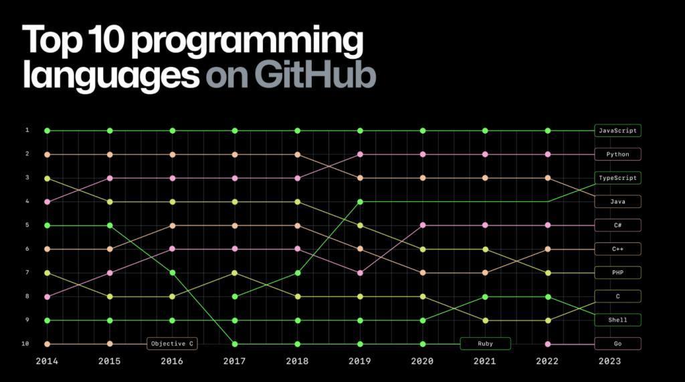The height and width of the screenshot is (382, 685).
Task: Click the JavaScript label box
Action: [x=617, y=130]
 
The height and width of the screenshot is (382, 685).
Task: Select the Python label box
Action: [x=617, y=155]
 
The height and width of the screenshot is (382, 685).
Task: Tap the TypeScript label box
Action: [x=617, y=178]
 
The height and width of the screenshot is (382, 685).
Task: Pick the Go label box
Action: [x=617, y=344]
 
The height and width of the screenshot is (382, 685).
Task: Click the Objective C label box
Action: [x=173, y=344]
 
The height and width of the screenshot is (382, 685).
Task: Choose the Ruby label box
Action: [x=485, y=344]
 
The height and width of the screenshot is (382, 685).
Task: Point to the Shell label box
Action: [x=617, y=320]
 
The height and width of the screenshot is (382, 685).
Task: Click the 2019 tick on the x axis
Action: [x=360, y=361]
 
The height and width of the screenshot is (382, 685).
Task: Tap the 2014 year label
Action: [x=47, y=361]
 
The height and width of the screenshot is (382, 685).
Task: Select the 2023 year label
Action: [x=610, y=361]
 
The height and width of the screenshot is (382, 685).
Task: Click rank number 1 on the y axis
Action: [x=27, y=130]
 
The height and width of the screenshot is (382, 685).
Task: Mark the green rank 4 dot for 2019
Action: [x=360, y=201]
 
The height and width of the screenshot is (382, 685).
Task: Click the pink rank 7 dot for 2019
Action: [x=360, y=272]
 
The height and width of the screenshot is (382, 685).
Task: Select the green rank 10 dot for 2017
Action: [x=235, y=344]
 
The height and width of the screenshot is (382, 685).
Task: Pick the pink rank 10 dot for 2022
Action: [x=548, y=344]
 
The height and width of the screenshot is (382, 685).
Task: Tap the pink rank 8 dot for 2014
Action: [x=47, y=296]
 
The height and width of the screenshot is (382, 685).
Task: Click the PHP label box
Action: [x=617, y=272]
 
